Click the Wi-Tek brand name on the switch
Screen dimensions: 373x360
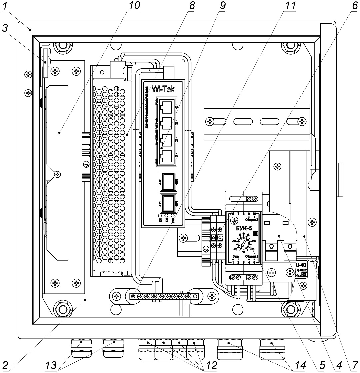tap(163, 89)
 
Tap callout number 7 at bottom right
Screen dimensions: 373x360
tap(354, 366)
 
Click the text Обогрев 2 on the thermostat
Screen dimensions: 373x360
tap(252, 219)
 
